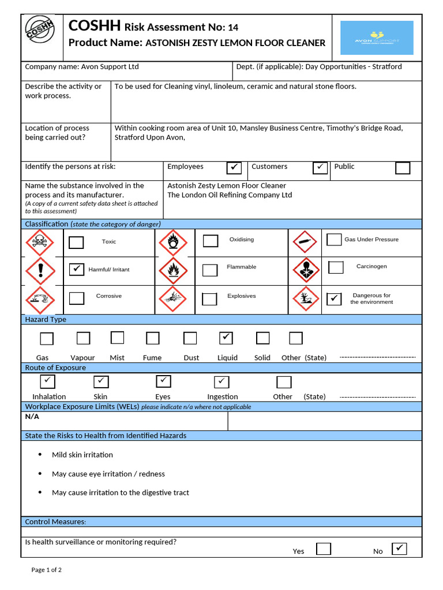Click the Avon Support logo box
pyautogui.click(x=377, y=38)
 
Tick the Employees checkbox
pyautogui.click(x=234, y=168)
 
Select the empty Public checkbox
pyautogui.click(x=403, y=168)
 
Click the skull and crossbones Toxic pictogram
pyautogui.click(x=40, y=243)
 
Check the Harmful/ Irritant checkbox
pyautogui.click(x=76, y=269)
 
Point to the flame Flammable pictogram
pyautogui.click(x=173, y=270)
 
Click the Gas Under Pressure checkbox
pyautogui.click(x=334, y=240)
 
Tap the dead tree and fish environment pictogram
pyautogui.click(x=306, y=298)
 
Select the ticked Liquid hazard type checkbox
pyautogui.click(x=226, y=338)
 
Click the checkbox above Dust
pyautogui.click(x=190, y=338)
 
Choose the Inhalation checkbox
pyautogui.click(x=47, y=381)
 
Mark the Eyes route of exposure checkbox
pyautogui.click(x=164, y=381)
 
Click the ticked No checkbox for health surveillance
pyautogui.click(x=399, y=549)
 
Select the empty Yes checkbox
pyautogui.click(x=324, y=549)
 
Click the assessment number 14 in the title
pyautogui.click(x=233, y=27)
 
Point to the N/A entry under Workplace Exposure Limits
pyautogui.click(x=32, y=417)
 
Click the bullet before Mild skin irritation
pyautogui.click(x=40, y=454)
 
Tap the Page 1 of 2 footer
pyautogui.click(x=47, y=570)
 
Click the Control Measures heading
pyautogui.click(x=55, y=521)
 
